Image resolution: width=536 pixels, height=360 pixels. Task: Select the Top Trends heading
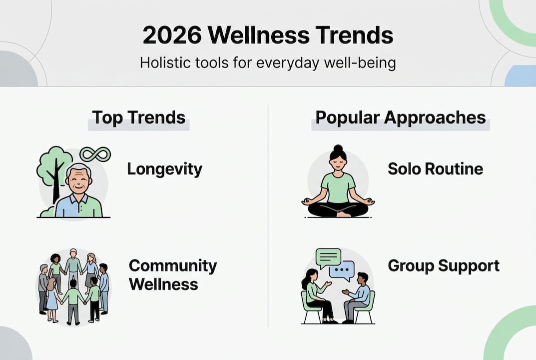pyautogui.click(x=138, y=117)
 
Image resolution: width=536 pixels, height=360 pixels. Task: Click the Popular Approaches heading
pyautogui.click(x=400, y=117)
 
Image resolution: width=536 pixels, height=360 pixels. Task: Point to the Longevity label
pyautogui.click(x=164, y=169)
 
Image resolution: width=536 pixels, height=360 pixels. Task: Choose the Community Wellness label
pyautogui.click(x=172, y=275)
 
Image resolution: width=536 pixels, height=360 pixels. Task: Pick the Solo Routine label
pyautogui.click(x=435, y=169)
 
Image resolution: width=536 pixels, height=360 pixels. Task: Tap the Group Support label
pyautogui.click(x=444, y=265)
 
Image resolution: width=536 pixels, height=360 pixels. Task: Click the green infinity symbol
pyautogui.click(x=95, y=154)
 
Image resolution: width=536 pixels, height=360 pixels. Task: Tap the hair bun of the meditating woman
pyautogui.click(x=338, y=149)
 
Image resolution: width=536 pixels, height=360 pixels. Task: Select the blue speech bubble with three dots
pyautogui.click(x=342, y=270)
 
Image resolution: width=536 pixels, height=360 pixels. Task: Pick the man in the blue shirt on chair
pyautogui.click(x=358, y=296)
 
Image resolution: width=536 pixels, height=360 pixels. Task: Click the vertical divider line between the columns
pyautogui.click(x=268, y=215)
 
